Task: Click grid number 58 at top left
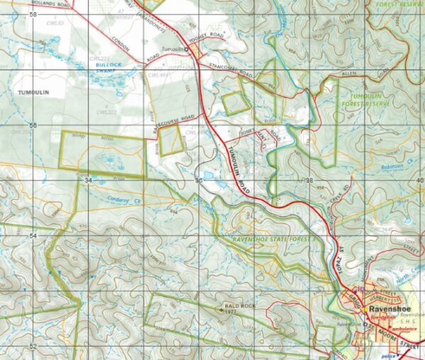[33, 14]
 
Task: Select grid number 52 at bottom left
[33, 345]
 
